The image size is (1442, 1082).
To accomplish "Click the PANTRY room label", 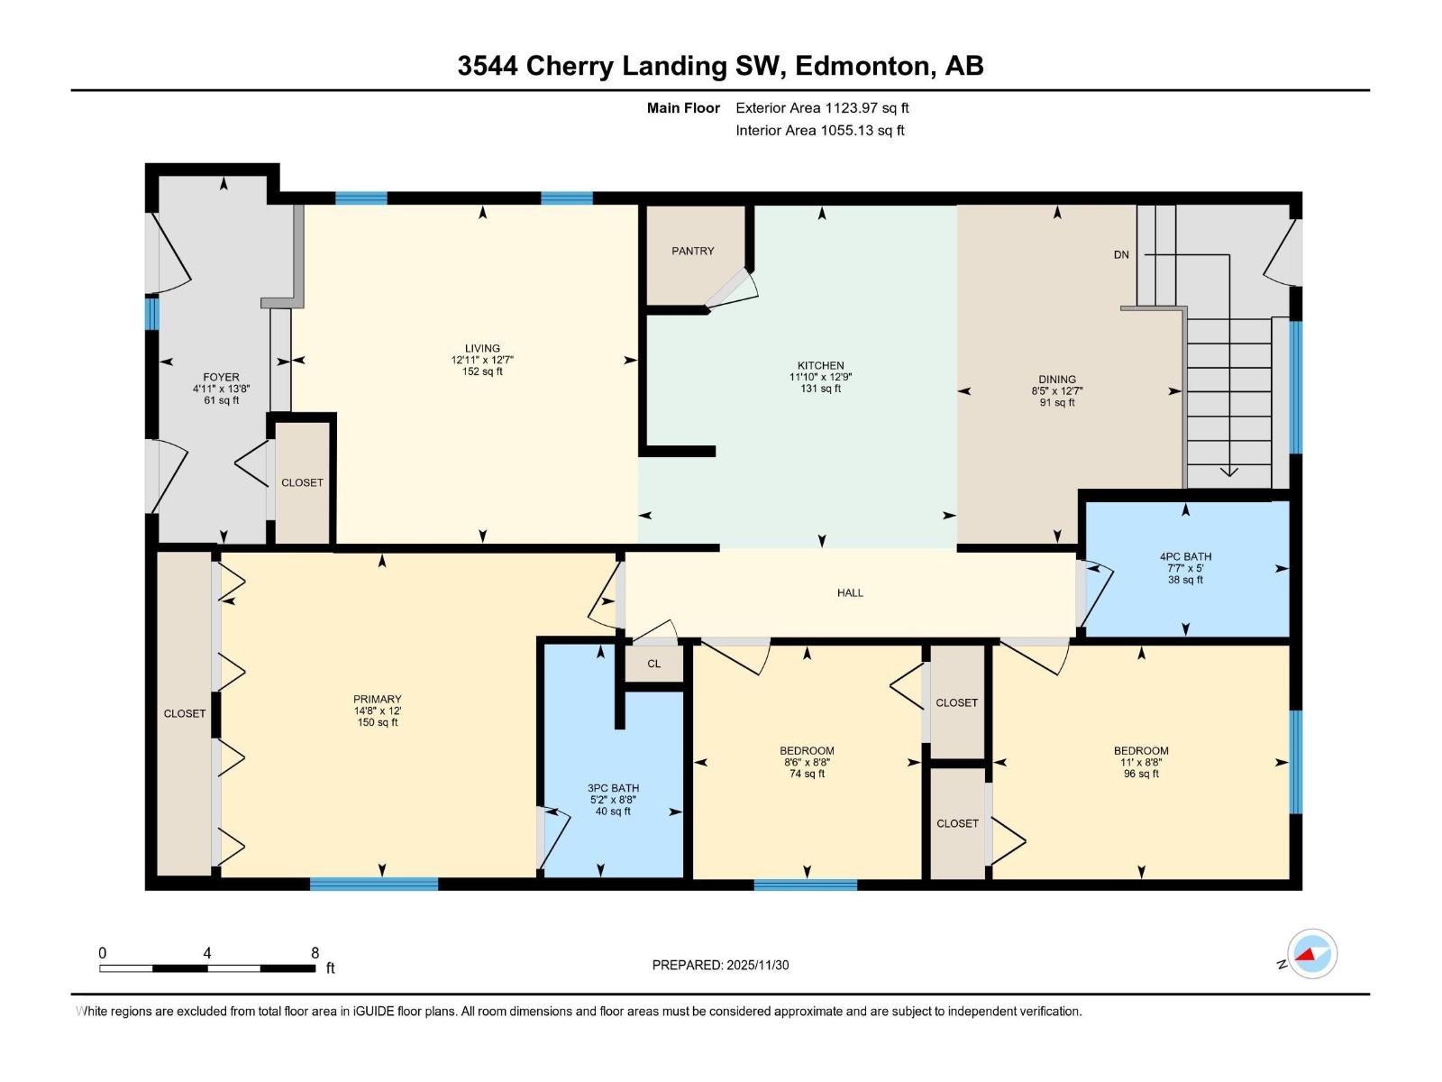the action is [692, 251].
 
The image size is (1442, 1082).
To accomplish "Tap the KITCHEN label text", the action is [820, 366].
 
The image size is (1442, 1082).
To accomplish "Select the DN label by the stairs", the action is [1121, 255].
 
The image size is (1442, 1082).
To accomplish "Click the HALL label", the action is [850, 592].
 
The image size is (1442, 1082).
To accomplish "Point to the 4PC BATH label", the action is [1186, 557].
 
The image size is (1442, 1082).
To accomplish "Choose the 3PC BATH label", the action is [613, 788].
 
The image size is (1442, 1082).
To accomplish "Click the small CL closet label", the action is [653, 664].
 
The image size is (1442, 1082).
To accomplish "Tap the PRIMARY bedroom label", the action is [377, 700].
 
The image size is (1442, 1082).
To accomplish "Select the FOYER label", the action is [222, 378].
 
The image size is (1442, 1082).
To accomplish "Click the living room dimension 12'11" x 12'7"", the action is [482, 360].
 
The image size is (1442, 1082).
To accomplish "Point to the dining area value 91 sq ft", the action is [1057, 403].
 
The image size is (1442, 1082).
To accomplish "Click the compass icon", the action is [1312, 954].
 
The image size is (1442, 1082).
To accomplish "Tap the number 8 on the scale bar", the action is [315, 953].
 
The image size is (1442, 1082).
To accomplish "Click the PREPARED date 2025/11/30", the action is [757, 965].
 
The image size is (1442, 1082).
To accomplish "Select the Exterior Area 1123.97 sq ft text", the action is [823, 108].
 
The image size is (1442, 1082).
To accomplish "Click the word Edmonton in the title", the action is [863, 67].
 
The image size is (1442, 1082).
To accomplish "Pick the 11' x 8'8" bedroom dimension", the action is [1141, 763].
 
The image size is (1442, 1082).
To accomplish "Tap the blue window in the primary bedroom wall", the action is [374, 884].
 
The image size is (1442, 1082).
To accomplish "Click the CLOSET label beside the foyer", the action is [302, 483].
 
